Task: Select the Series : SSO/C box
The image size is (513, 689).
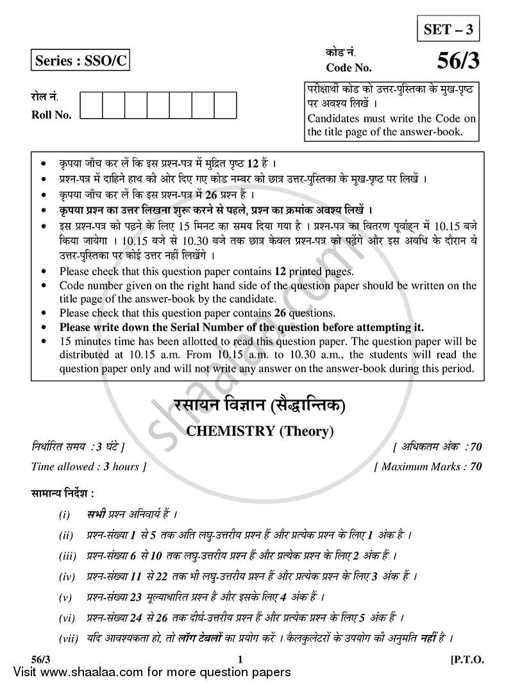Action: pyautogui.click(x=70, y=62)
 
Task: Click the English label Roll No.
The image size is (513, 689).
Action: pyautogui.click(x=51, y=115)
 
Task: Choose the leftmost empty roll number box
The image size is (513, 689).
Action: pyautogui.click(x=91, y=106)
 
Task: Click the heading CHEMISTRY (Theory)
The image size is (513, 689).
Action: pyautogui.click(x=260, y=431)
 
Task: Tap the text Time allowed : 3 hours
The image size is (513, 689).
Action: pyautogui.click(x=88, y=466)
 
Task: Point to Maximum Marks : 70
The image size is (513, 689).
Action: pyautogui.click(x=428, y=466)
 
